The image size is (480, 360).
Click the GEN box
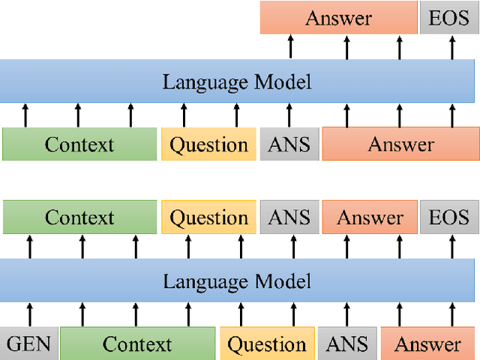28,343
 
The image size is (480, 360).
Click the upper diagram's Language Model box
237,81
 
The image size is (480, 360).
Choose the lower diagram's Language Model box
237,281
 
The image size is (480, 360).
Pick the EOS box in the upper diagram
448,18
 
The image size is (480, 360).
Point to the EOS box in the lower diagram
448,217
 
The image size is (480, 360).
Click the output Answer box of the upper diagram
339,18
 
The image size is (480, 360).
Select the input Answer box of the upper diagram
400,144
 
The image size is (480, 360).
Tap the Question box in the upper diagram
208,144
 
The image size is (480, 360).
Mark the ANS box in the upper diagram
289,144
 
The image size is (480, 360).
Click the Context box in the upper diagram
79,144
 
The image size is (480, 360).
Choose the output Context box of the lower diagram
79,217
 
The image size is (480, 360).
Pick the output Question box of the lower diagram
208,217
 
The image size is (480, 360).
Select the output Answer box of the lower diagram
370,217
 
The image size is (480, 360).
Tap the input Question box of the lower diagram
267,343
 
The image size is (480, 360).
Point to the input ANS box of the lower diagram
346,343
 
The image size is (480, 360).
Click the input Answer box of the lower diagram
427,343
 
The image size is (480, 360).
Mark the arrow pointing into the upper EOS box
451,46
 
